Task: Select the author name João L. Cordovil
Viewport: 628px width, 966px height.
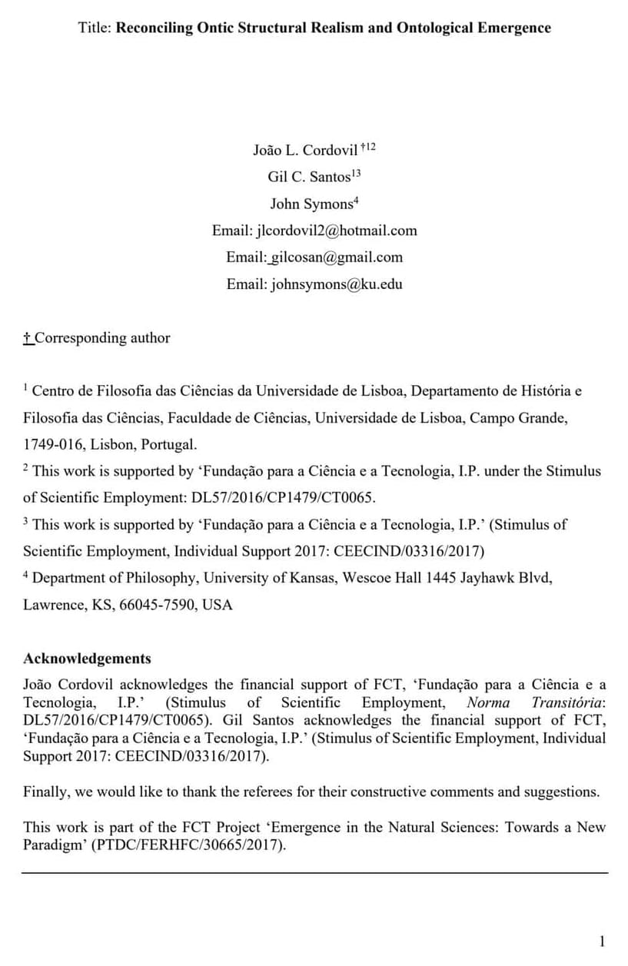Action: click(305, 151)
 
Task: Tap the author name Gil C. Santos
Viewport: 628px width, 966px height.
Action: click(308, 178)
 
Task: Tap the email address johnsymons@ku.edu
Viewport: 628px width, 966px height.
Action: click(337, 284)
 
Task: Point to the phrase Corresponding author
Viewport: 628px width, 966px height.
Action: click(102, 338)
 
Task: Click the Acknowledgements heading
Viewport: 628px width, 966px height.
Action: click(87, 659)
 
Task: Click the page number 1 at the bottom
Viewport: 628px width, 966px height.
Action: click(602, 941)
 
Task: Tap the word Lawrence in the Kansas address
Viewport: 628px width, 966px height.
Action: click(53, 606)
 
